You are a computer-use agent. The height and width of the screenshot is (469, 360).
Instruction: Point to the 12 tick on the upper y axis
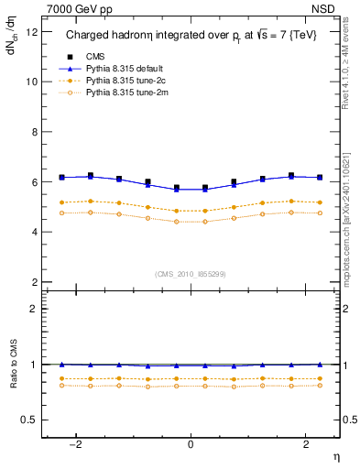(x=32, y=32)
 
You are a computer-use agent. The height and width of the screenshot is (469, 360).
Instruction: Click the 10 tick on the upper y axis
(x=32, y=82)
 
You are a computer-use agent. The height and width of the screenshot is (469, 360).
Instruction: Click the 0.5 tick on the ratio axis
(x=30, y=420)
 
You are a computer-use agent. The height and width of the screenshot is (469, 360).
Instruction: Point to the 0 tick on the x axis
(x=191, y=445)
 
